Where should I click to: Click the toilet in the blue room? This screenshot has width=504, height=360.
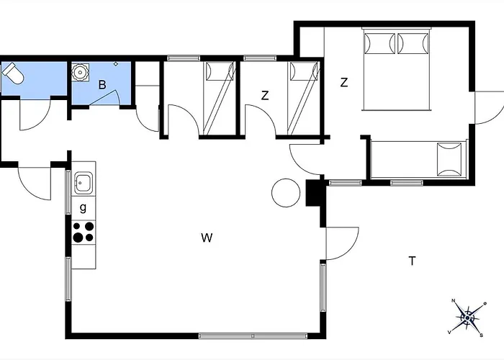pos(13,73)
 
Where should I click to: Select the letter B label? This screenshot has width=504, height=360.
pos(102,85)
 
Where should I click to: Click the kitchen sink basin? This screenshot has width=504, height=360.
pos(84,183)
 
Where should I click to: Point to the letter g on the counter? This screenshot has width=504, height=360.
pos(83,207)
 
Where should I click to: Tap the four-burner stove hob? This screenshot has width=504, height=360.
pos(84,232)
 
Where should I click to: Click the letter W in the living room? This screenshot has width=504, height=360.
pos(207,238)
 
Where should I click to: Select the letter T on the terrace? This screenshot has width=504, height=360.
pos(412,261)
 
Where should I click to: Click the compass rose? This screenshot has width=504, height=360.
pos(467,318)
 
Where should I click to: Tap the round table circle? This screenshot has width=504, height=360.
pos(286,193)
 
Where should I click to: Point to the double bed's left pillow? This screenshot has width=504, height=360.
pos(379,43)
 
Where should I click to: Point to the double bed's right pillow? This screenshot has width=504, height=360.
pos(413,43)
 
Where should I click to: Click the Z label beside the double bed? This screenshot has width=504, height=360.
pos(344,83)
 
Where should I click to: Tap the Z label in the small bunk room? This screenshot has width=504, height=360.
pos(265,96)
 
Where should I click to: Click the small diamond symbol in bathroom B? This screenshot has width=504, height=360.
pos(116,64)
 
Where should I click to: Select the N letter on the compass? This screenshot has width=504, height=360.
pos(454,301)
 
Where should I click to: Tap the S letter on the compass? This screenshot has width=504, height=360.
pos(481,336)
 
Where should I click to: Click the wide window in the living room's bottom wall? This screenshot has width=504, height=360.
pos(253,336)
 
